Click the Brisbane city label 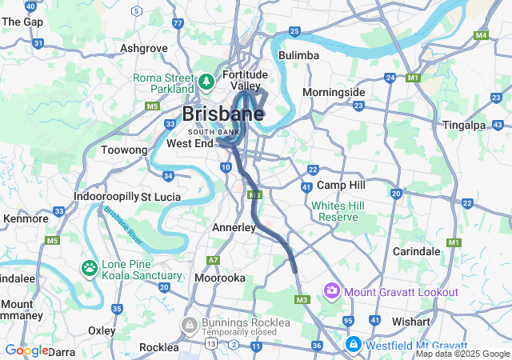point(223,114)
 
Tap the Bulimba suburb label point(300,55)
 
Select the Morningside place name point(334,92)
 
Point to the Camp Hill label point(342,185)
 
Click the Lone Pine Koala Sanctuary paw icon point(89,267)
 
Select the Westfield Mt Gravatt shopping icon point(352,343)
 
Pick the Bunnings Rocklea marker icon point(190,324)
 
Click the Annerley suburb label point(234,228)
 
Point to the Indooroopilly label point(105,196)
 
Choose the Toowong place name point(125,150)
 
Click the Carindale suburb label point(417,250)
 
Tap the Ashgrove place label point(144,48)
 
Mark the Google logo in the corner point(26,350)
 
